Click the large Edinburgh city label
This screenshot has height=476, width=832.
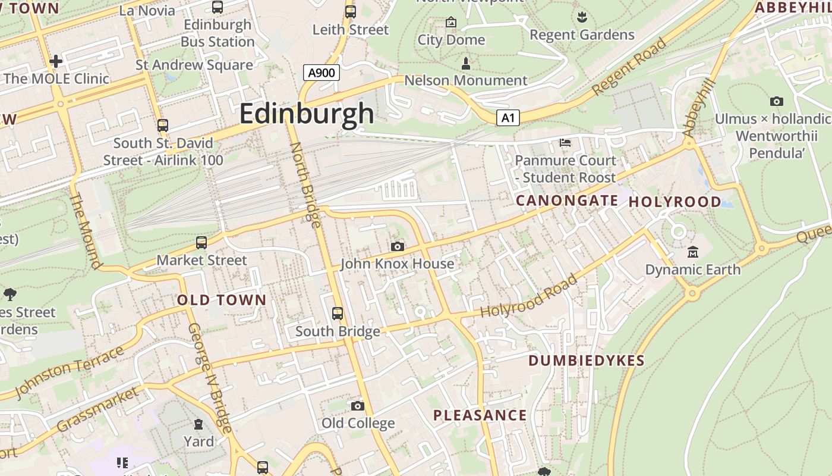tap(307, 114)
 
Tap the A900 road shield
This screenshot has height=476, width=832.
tap(321, 73)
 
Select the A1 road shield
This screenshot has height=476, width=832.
tap(508, 117)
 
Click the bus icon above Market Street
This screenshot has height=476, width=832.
tap(201, 243)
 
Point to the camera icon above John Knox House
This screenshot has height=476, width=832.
tap(398, 246)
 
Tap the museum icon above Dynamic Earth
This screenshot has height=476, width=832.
tap(692, 252)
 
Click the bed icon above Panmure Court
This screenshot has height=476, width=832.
tap(565, 143)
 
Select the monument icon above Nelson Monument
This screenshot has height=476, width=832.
tap(465, 63)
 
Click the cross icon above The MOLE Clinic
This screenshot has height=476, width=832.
tap(56, 61)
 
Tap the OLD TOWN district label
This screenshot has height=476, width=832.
tap(222, 300)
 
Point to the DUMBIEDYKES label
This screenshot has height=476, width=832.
tap(586, 361)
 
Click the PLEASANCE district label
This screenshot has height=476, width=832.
tap(480, 415)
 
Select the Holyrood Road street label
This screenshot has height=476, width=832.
tap(529, 296)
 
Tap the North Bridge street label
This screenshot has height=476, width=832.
tap(305, 184)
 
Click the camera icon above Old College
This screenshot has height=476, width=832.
tap(357, 406)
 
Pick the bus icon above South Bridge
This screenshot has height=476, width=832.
tap(338, 313)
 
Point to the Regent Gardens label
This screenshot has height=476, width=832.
tap(582, 35)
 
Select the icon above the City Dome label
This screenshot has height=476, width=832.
tap(451, 23)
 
